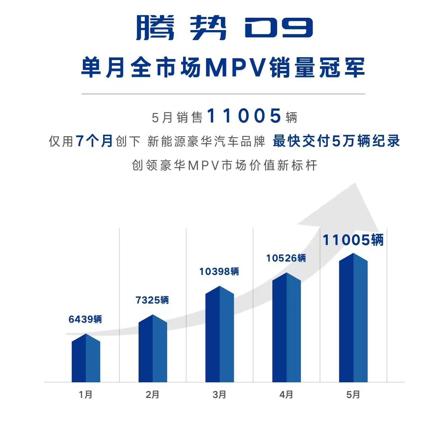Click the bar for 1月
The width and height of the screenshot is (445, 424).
tap(86, 358)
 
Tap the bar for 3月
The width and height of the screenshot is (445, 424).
tap(220, 335)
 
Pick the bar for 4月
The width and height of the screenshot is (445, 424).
tap(287, 328)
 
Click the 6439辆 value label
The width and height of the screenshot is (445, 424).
tap(85, 319)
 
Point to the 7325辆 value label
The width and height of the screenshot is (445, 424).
tap(152, 300)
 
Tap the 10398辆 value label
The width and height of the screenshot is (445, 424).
tap(219, 271)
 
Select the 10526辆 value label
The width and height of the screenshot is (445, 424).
tap(286, 258)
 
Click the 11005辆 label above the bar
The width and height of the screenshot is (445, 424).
tap(353, 240)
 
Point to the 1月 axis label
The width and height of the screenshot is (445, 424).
tap(86, 394)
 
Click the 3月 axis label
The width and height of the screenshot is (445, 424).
tap(220, 394)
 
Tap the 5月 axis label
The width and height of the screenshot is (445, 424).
tap(353, 394)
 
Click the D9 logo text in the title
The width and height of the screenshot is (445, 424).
tap(278, 28)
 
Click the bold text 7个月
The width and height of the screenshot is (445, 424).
tap(95, 141)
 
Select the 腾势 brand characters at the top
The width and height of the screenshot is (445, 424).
tap(181, 28)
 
